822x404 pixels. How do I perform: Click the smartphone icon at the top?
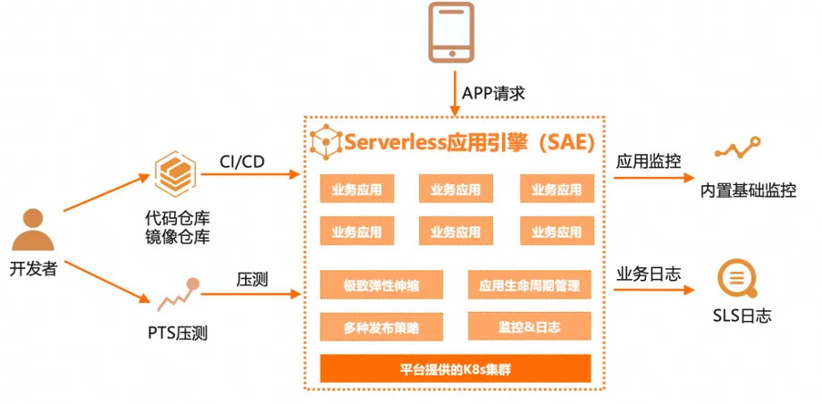[x=451, y=32]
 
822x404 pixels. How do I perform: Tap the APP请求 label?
[x=493, y=94]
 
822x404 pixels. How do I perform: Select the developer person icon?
[x=33, y=230]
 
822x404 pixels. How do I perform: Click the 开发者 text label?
[x=33, y=270]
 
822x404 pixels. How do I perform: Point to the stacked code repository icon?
[x=175, y=173]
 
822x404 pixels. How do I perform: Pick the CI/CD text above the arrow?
[x=241, y=161]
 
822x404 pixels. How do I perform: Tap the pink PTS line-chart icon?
[x=178, y=294]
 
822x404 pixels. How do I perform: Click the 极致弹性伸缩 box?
[x=382, y=285]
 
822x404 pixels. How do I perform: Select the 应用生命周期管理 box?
[x=530, y=285]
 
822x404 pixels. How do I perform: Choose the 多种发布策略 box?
[x=382, y=327]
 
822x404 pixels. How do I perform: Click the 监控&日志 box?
[x=530, y=327]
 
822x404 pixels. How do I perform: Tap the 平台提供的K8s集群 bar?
[x=456, y=368]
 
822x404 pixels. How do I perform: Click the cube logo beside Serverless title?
[x=325, y=142]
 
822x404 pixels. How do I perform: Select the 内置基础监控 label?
[x=748, y=190]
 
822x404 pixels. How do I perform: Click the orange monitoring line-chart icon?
[x=738, y=147]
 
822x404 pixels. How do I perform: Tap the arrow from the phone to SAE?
[x=455, y=91]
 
